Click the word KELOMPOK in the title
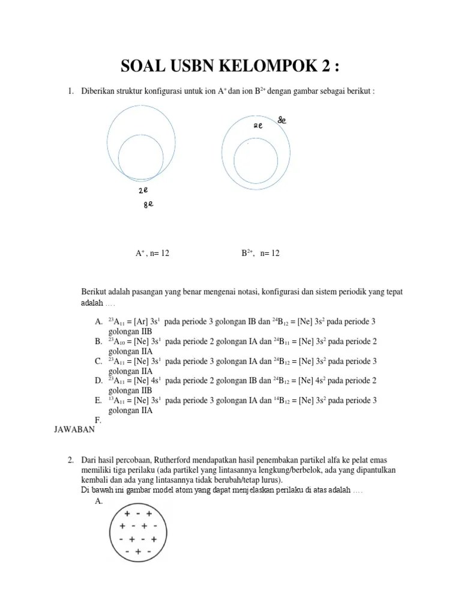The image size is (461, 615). point(255,65)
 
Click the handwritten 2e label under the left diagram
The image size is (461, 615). point(143,190)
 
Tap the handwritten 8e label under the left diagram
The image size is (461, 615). point(148,205)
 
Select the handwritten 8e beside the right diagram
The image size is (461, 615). point(282,120)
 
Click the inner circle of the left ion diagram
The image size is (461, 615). point(141,158)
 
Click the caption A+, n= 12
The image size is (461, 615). point(152,253)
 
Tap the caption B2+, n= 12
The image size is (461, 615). point(261,253)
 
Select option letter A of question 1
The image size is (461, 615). point(98,322)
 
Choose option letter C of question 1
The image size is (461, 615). point(98,361)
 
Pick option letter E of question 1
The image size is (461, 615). point(98,401)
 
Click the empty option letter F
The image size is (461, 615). point(98,420)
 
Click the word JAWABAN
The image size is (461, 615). point(74,429)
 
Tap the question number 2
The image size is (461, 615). point(70,460)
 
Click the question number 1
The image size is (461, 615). point(70,91)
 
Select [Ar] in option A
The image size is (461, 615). point(142,322)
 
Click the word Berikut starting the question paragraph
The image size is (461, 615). point(95,292)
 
